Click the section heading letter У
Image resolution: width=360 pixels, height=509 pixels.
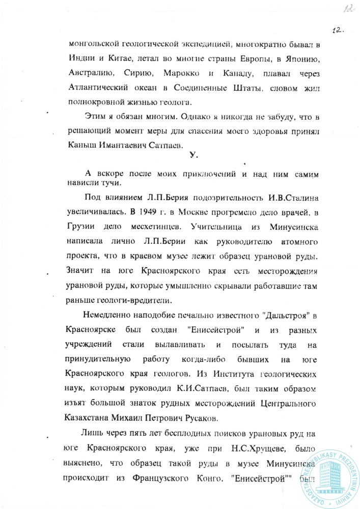tap(191, 157)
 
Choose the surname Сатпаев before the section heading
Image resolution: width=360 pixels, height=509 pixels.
tap(171, 144)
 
